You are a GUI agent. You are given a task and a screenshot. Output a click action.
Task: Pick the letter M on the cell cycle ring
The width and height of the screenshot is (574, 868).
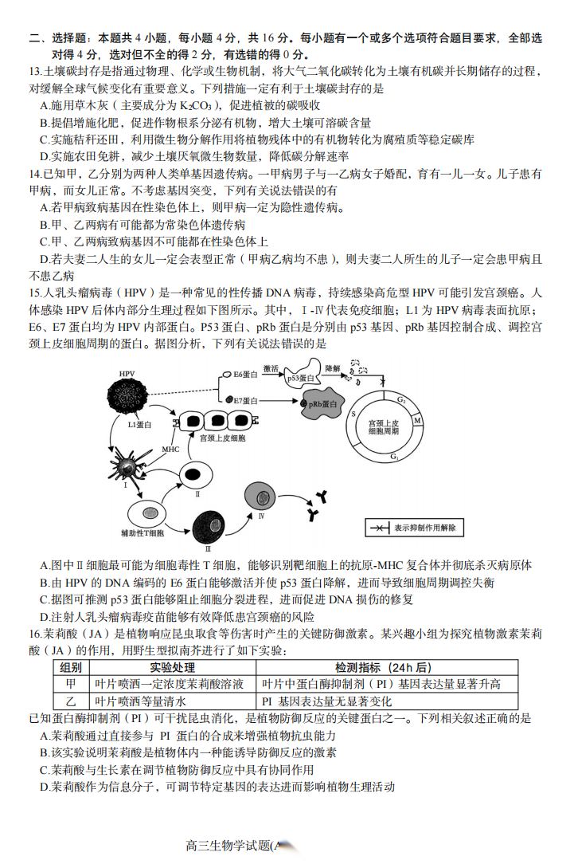pyautogui.click(x=417, y=421)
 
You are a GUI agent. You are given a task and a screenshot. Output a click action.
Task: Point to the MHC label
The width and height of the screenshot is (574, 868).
pyautogui.click(x=170, y=450)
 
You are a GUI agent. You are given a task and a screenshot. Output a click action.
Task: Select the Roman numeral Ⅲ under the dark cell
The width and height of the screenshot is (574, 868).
pyautogui.click(x=208, y=549)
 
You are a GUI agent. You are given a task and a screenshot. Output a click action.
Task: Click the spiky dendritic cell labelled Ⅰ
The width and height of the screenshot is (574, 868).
pyautogui.click(x=127, y=462)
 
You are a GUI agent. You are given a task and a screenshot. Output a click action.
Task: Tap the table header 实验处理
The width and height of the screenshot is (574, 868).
pyautogui.click(x=172, y=667)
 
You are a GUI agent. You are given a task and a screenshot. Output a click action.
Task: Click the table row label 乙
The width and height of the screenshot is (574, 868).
pyautogui.click(x=70, y=701)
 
